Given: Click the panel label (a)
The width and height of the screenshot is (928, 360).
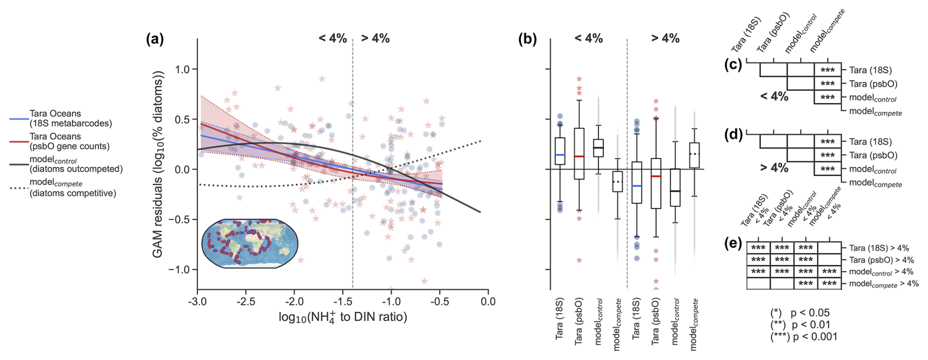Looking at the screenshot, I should [x=155, y=39].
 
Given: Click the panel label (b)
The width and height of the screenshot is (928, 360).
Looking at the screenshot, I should [x=527, y=39].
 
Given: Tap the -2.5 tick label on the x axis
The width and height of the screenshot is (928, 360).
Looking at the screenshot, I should [x=246, y=301].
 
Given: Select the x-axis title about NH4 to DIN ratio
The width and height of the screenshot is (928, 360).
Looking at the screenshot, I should [x=343, y=317].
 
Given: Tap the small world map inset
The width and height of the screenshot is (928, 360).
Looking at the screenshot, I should [x=250, y=243].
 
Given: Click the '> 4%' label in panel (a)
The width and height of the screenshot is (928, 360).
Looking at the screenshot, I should [x=375, y=38].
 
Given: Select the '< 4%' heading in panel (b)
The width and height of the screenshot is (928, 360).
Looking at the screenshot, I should [x=589, y=38].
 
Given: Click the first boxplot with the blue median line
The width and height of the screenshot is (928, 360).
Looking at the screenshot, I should [x=560, y=151].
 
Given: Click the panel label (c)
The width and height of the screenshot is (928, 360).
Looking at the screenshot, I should [x=733, y=65].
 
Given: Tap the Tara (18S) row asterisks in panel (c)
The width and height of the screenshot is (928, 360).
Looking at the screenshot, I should [x=827, y=70].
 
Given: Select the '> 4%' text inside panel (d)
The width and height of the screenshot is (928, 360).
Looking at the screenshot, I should [x=774, y=168].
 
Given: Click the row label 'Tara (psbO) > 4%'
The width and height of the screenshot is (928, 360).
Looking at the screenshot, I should [x=881, y=260].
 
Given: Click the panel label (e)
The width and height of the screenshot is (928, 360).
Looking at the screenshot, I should [x=733, y=243].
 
